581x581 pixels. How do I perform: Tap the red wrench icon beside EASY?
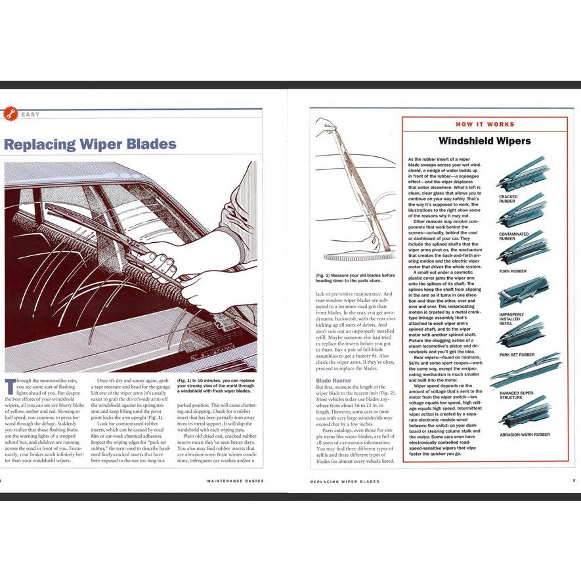[x=9, y=114]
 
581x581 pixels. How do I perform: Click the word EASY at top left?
[x=30, y=115]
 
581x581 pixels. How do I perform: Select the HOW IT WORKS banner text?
[x=485, y=124]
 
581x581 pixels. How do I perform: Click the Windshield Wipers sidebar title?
[x=484, y=140]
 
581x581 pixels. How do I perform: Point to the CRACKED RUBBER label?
[x=508, y=199]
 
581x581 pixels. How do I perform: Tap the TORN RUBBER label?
[x=513, y=271]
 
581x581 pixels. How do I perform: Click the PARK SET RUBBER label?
[x=517, y=355]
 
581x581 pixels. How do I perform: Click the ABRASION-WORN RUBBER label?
[x=524, y=435]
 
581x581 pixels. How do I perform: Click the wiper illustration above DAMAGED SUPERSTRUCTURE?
[x=525, y=371]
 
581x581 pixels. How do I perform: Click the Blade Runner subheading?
[x=334, y=380]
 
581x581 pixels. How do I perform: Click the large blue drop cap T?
[x=9, y=387]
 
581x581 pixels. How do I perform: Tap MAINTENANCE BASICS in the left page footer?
[x=235, y=481]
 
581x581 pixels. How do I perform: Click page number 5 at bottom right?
[x=573, y=481]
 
